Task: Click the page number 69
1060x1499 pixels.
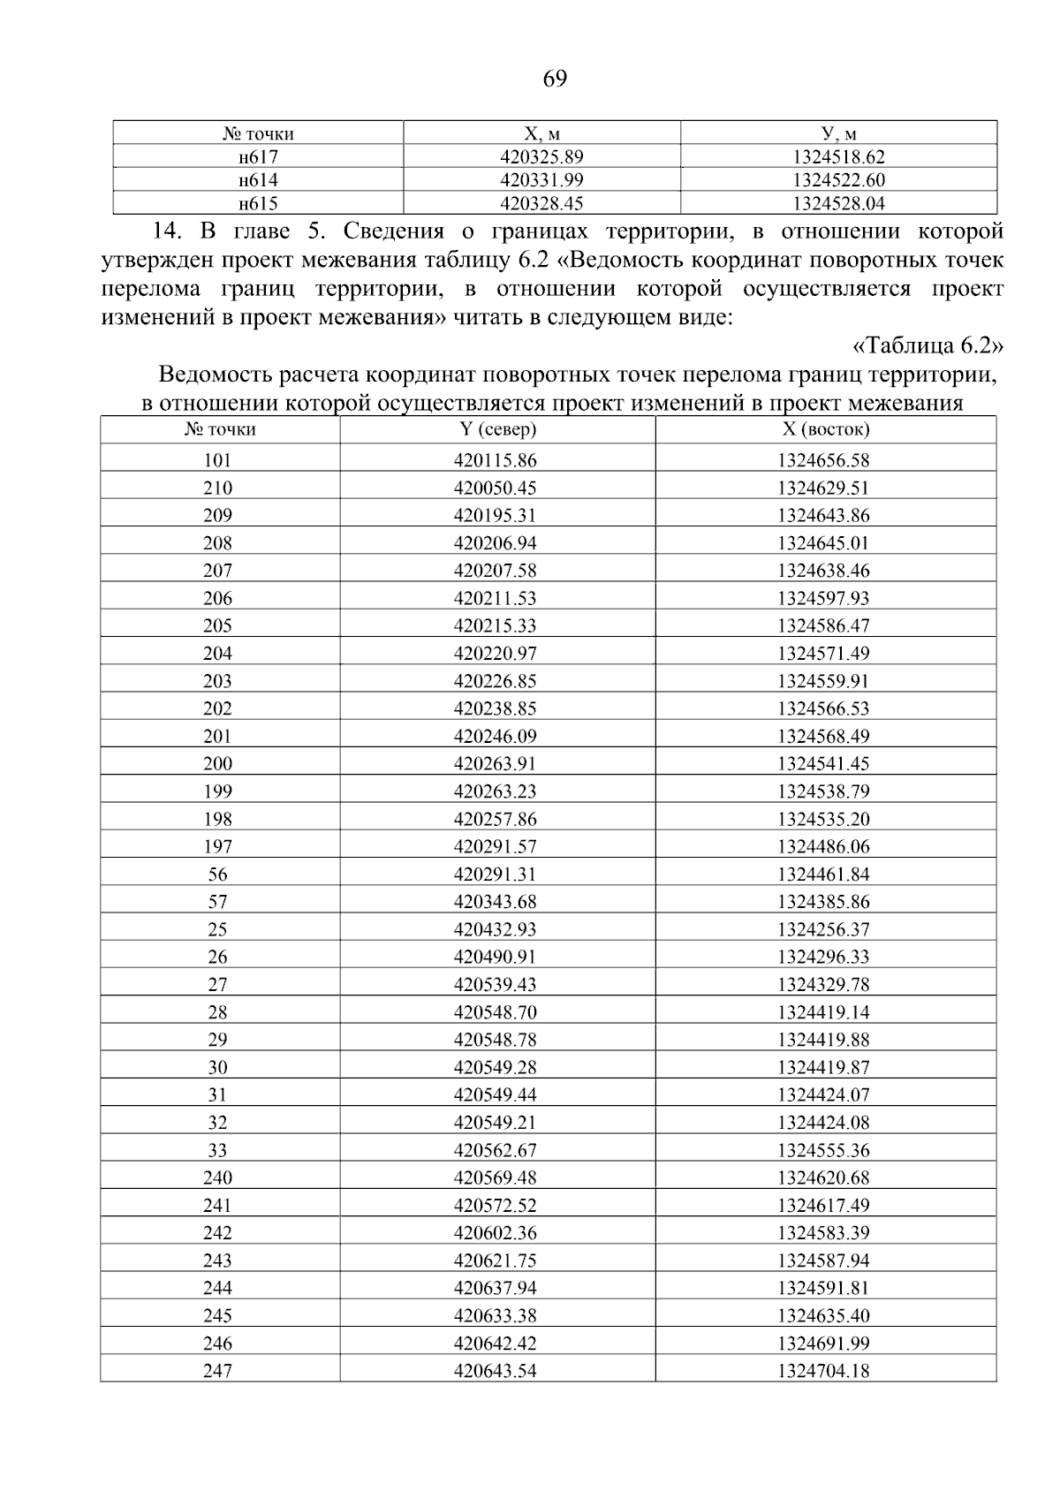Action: pyautogui.click(x=554, y=79)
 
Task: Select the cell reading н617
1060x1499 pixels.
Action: pyautogui.click(x=258, y=157)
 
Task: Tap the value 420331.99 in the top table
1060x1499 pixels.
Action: pyautogui.click(x=541, y=180)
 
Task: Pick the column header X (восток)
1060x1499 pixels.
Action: pyautogui.click(x=824, y=429)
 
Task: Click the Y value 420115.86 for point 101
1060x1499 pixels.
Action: pyautogui.click(x=495, y=460)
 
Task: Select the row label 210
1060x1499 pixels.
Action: pyautogui.click(x=217, y=488)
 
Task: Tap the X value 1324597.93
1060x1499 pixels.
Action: pyautogui.click(x=823, y=598)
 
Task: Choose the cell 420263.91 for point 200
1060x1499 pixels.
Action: pyautogui.click(x=495, y=763)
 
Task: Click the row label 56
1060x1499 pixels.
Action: pyautogui.click(x=217, y=874)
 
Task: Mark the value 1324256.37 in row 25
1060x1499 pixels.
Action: pyautogui.click(x=823, y=929)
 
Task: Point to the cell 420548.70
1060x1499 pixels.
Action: pyautogui.click(x=495, y=1012)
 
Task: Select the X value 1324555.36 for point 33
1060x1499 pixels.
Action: pyautogui.click(x=823, y=1150)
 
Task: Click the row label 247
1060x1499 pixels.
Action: pyautogui.click(x=217, y=1371)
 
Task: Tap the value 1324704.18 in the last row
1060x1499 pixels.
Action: pyautogui.click(x=823, y=1371)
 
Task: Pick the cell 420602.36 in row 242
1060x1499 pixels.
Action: pyautogui.click(x=495, y=1233)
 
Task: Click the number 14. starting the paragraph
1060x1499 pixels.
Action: pyautogui.click(x=166, y=232)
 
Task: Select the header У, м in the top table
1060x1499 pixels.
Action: pyautogui.click(x=838, y=134)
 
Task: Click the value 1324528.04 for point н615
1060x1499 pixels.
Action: pyautogui.click(x=838, y=204)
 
